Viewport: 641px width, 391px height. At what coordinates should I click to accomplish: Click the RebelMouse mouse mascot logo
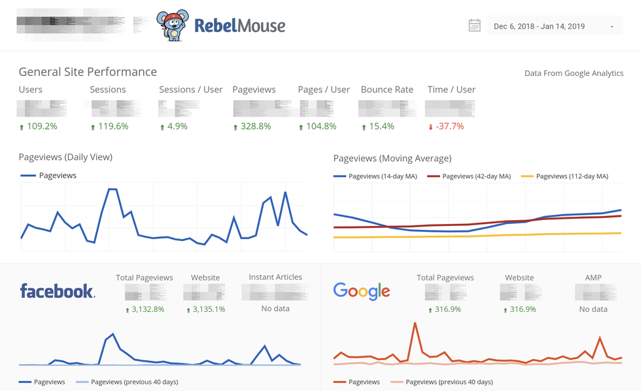[x=173, y=26]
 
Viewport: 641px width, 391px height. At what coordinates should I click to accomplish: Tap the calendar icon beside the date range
[x=475, y=26]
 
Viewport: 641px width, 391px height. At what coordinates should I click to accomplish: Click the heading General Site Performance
[x=88, y=72]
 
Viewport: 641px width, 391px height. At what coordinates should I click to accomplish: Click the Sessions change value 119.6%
[x=109, y=126]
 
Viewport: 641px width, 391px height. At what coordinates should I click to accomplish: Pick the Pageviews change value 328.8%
[x=252, y=126]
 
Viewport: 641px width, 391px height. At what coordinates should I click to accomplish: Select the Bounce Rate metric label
[x=387, y=90]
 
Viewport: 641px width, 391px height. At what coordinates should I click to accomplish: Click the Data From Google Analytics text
[x=574, y=73]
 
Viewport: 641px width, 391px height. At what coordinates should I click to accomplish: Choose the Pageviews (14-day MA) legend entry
[x=380, y=176]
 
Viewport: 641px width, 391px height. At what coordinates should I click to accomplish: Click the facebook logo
[x=58, y=291]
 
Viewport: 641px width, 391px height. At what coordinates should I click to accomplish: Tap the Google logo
[x=362, y=291]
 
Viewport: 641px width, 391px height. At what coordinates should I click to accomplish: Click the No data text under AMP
[x=593, y=309]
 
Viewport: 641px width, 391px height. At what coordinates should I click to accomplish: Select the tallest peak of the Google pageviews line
[x=414, y=323]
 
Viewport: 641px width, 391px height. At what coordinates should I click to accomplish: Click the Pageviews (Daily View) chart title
[x=65, y=157]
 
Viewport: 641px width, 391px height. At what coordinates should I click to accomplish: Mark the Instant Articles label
[x=275, y=278]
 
